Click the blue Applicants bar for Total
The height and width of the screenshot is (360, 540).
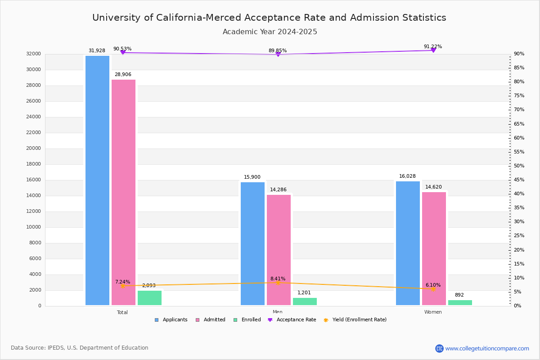tap(97, 180)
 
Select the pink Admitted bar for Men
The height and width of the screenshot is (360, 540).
tap(279, 250)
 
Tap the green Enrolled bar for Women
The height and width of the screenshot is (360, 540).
tap(460, 303)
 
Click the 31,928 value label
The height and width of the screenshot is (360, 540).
tap(97, 51)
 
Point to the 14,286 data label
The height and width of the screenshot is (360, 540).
tap(278, 190)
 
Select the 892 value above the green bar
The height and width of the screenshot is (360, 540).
tap(459, 295)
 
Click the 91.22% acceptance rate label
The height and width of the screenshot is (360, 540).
tap(432, 47)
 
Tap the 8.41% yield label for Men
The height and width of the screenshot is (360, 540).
tap(278, 279)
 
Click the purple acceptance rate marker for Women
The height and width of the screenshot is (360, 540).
tap(433, 50)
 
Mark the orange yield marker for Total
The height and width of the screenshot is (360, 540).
tap(122, 286)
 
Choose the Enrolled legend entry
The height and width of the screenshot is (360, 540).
tap(247, 320)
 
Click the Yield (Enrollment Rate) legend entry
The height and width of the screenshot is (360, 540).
tap(359, 320)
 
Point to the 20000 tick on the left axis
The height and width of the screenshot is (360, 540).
tap(34, 148)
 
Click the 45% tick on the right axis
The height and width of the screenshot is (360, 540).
tap(519, 180)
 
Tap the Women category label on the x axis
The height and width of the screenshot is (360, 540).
tap(433, 312)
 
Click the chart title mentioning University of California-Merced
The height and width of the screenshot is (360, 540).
tap(269, 18)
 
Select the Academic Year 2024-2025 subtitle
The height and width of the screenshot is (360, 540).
tap(270, 32)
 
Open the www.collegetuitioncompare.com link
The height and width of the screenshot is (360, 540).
tap(487, 348)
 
